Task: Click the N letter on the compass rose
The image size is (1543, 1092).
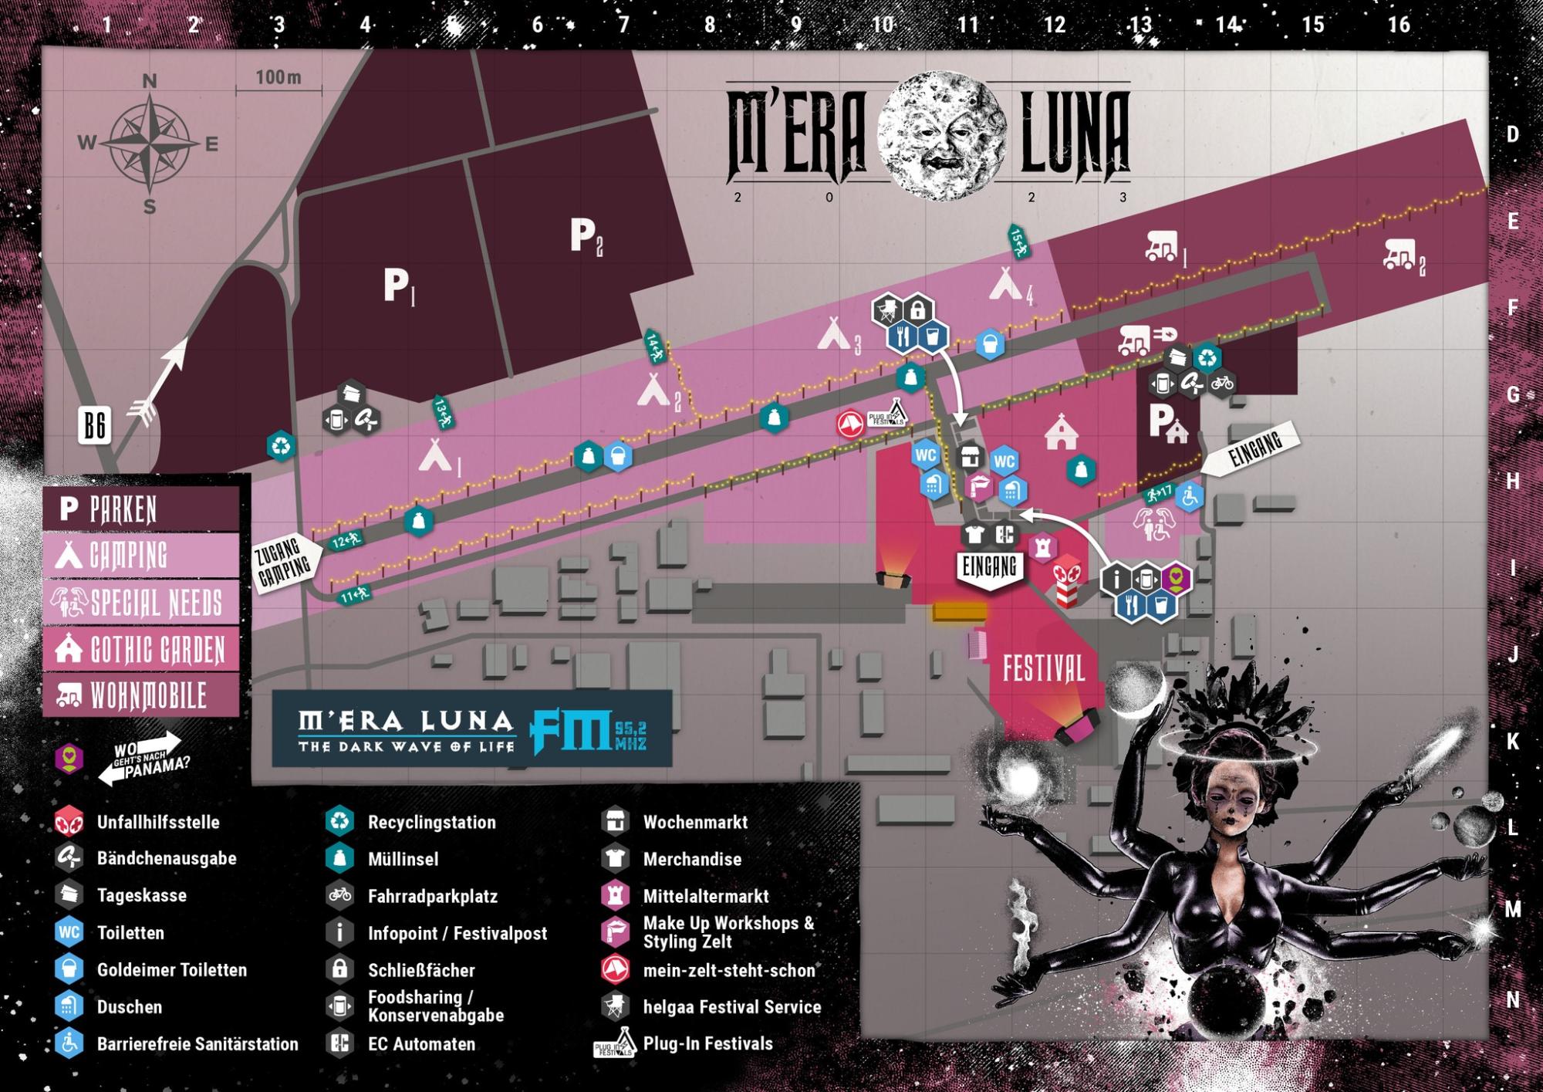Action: pos(150,80)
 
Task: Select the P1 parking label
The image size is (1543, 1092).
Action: pos(398,286)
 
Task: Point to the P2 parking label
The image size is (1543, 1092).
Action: pos(586,235)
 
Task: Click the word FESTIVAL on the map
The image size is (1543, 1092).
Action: pos(1043,669)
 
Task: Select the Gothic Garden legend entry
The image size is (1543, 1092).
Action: pos(141,650)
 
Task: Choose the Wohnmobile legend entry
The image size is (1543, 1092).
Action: pos(141,696)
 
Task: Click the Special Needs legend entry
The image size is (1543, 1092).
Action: pos(141,603)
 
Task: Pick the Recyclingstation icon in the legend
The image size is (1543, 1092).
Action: pos(339,822)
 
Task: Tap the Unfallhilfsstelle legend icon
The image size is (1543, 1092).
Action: pos(69,822)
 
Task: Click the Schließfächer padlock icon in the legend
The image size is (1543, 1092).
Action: pos(339,969)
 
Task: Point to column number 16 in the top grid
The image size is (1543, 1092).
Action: pos(1399,25)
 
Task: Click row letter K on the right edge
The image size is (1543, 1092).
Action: pos(1513,742)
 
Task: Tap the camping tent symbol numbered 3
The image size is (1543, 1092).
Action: pos(834,333)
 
